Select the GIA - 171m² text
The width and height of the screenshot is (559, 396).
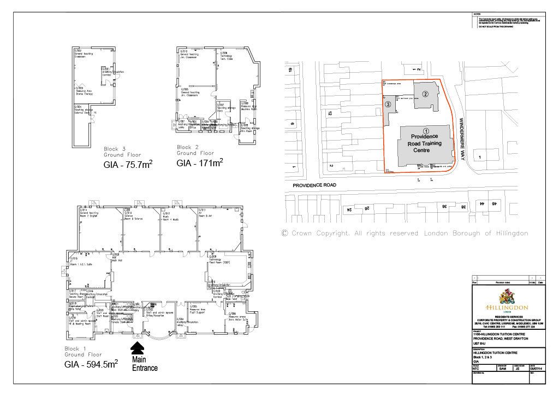tap(199, 163)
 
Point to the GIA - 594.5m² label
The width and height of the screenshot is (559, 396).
tap(91, 364)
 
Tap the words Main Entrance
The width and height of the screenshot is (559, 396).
tap(145, 363)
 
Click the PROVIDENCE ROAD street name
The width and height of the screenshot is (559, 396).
tap(314, 186)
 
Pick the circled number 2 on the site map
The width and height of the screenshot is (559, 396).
tap(424, 93)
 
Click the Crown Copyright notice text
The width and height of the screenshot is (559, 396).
tap(405, 233)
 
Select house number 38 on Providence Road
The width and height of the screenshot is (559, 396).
tap(463, 207)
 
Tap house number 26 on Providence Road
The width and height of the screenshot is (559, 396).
tap(367, 208)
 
